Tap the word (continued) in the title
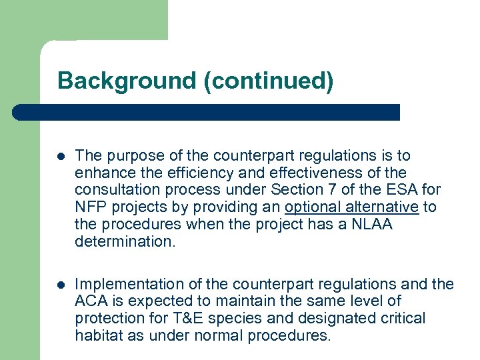point(269,81)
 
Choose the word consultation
point(114,191)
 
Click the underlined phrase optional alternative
point(351,207)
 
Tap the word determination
point(125,242)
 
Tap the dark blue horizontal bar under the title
point(207,112)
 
